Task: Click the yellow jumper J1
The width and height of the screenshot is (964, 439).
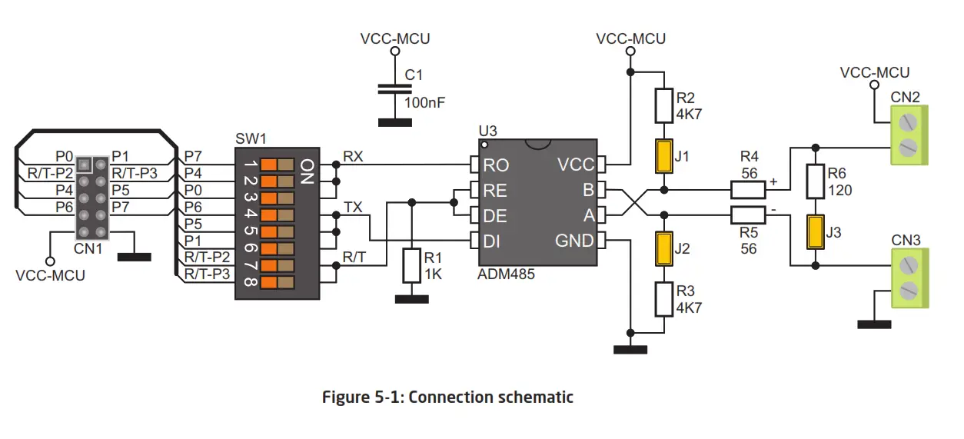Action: pyautogui.click(x=663, y=157)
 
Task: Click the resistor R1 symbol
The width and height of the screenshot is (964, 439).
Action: pyautogui.click(x=412, y=264)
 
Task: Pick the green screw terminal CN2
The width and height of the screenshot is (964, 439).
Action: pyautogui.click(x=909, y=133)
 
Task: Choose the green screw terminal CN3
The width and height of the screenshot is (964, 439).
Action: pyautogui.click(x=909, y=278)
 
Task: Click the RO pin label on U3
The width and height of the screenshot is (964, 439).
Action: pyautogui.click(x=495, y=165)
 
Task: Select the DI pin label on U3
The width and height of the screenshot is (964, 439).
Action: pyautogui.click(x=492, y=241)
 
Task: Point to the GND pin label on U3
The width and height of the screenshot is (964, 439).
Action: pyautogui.click(x=574, y=241)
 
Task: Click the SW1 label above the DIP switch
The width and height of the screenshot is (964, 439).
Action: pyautogui.click(x=251, y=139)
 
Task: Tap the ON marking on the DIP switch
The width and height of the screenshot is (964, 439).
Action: pyautogui.click(x=306, y=173)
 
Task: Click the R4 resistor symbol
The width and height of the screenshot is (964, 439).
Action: pyautogui.click(x=748, y=189)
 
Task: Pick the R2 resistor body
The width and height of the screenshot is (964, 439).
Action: pyautogui.click(x=663, y=106)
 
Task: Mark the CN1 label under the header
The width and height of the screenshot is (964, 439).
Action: pyautogui.click(x=89, y=248)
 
